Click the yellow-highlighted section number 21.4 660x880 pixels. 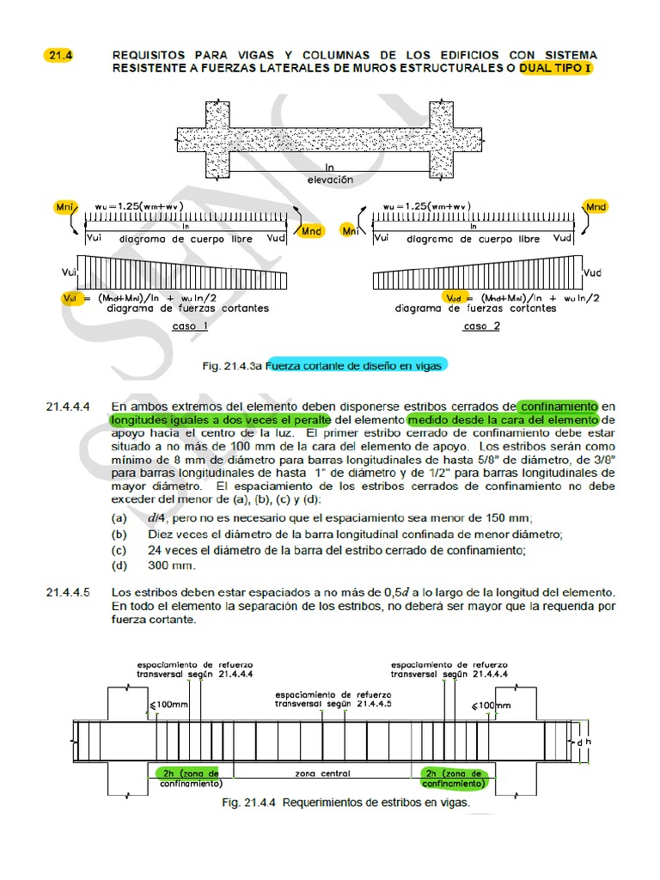coord(60,55)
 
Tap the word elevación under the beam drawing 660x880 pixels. coord(330,180)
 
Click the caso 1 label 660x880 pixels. coord(190,327)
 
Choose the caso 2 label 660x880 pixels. coord(480,327)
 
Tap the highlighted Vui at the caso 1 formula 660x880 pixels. coord(71,296)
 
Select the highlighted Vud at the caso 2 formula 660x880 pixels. coord(453,296)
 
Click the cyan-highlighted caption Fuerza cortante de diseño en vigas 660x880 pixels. coord(356,365)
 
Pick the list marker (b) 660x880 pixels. coord(119,535)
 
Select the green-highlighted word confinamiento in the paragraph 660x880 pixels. coord(558,406)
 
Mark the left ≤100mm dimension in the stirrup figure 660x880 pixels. coord(166,706)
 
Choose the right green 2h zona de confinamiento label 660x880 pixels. coord(453,778)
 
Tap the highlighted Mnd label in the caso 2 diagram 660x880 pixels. coord(595,206)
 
